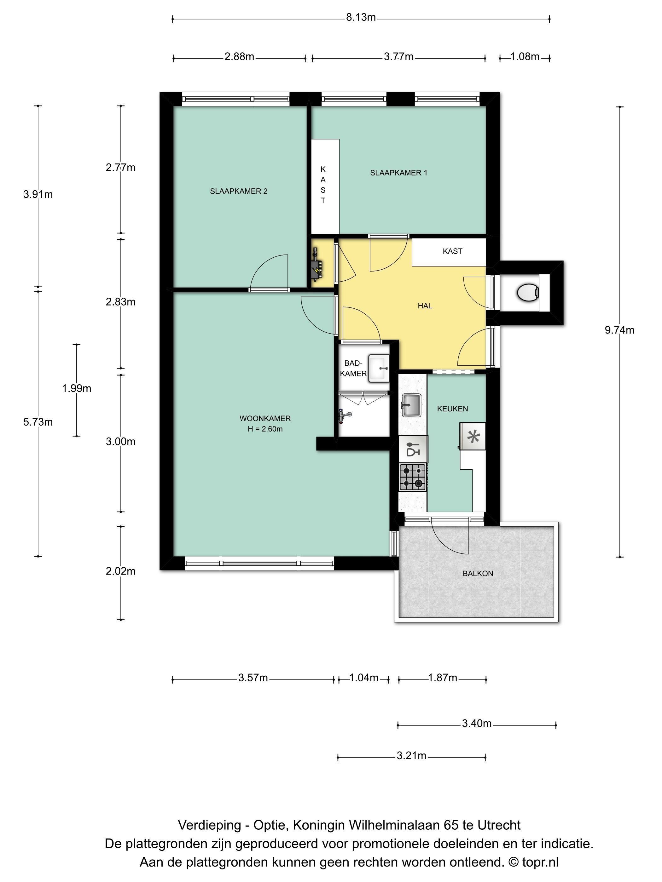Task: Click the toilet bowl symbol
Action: (x=527, y=293)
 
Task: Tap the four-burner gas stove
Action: (x=413, y=477)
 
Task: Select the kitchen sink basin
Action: (x=411, y=405)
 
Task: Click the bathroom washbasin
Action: (x=378, y=368)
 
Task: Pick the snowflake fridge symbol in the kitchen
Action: (x=473, y=436)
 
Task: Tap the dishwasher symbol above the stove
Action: (x=413, y=449)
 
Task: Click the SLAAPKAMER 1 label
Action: (x=398, y=173)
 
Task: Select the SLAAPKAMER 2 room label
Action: (x=239, y=191)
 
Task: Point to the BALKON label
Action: (x=478, y=573)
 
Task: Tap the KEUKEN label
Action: (x=452, y=409)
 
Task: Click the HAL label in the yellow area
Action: (x=425, y=306)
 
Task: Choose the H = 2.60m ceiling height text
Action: (x=265, y=429)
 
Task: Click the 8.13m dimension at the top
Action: (x=361, y=18)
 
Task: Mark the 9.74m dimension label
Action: (x=619, y=330)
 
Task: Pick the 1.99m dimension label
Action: (x=77, y=388)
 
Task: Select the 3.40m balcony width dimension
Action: (x=476, y=723)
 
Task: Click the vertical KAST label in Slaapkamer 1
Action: (x=323, y=185)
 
